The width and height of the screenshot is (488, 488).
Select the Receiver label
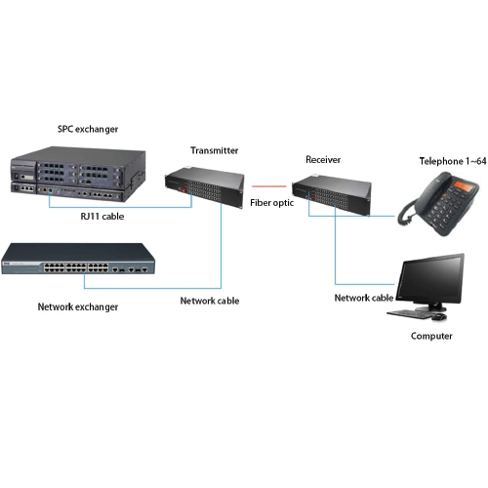coord(323,159)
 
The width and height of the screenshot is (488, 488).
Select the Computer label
coord(431,336)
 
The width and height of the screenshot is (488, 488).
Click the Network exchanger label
coord(78,306)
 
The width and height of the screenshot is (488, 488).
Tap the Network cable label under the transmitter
coord(210,301)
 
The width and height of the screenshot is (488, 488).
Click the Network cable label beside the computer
coord(364,298)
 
